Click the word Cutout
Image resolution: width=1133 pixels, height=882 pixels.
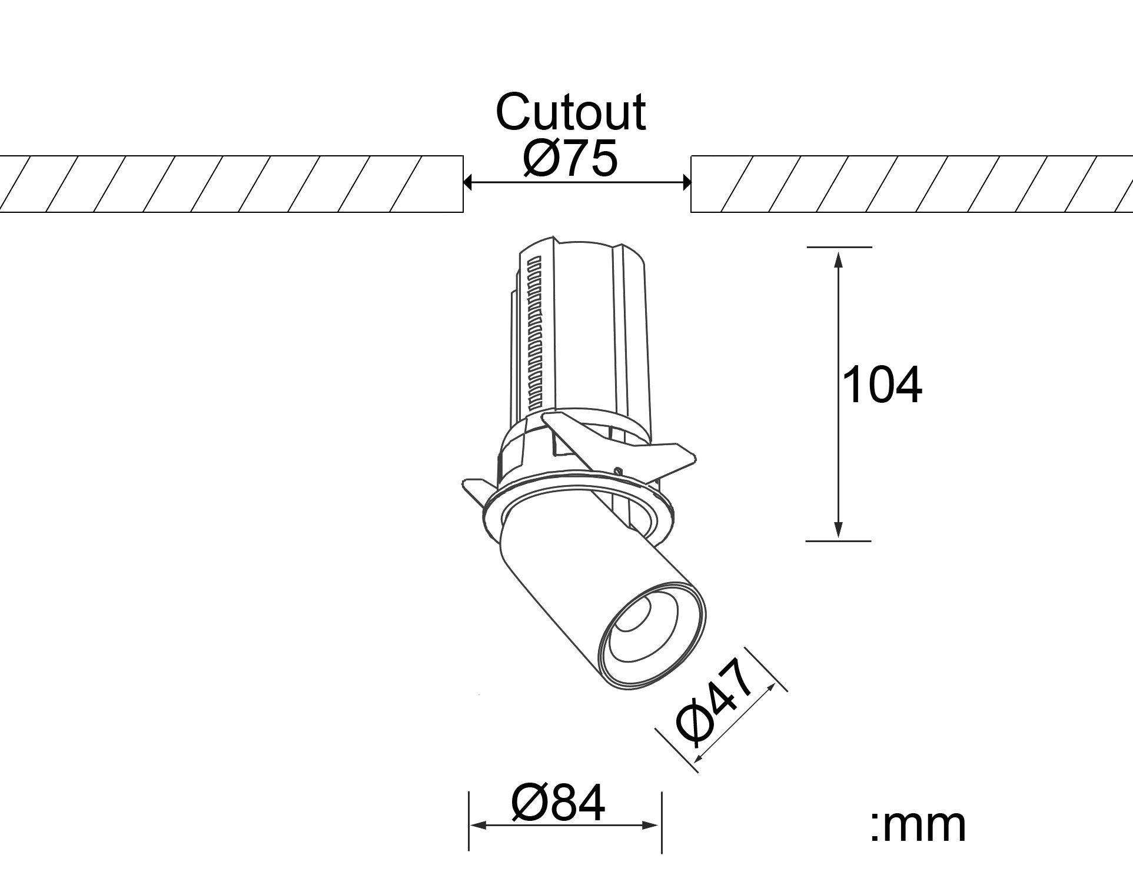[x=570, y=112]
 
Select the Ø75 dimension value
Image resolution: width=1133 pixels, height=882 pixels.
[x=570, y=158]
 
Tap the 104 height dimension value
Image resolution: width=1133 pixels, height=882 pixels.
[x=882, y=385]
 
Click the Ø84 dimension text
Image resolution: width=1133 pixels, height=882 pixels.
[x=559, y=803]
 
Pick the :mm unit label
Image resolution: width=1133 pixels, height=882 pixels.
[x=918, y=826]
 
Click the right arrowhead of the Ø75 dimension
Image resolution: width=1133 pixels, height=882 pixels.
[x=686, y=182]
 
